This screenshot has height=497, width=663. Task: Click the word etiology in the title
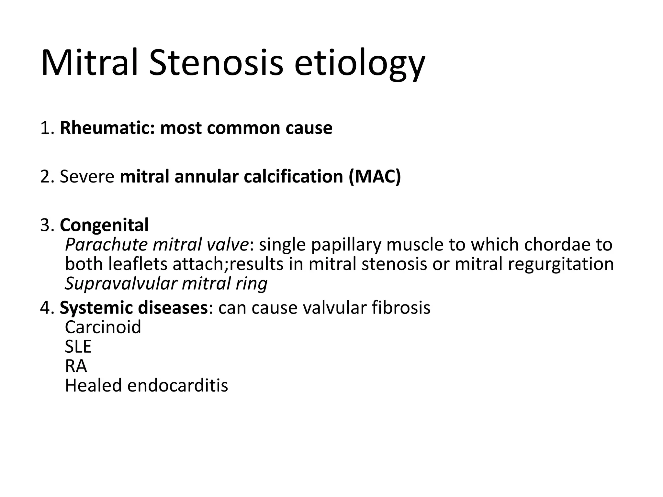click(359, 63)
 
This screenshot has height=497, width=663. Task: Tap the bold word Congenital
click(104, 225)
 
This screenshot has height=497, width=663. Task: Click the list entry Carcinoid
click(103, 327)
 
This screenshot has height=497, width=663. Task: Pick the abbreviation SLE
click(78, 347)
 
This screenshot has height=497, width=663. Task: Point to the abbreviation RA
click(76, 366)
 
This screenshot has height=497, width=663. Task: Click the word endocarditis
click(178, 385)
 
